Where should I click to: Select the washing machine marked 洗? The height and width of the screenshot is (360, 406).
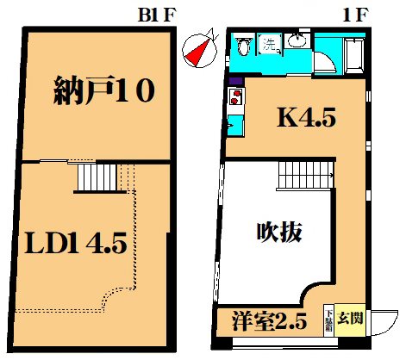[x=270, y=42]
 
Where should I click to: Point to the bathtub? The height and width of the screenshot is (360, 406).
[x=351, y=53]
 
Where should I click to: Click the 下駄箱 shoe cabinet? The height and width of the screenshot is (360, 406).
[x=328, y=319]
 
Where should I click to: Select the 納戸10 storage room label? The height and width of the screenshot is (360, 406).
[x=104, y=89]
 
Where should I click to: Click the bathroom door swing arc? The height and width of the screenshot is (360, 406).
[x=327, y=65]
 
